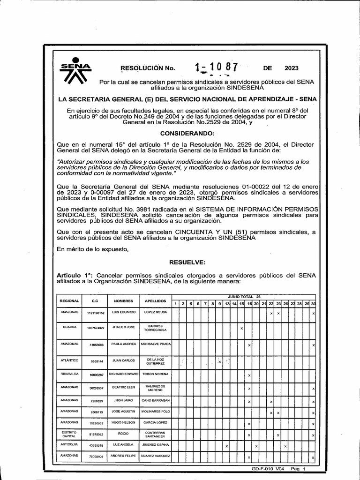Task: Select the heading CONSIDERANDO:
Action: [187, 134]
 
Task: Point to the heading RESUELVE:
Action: [187, 263]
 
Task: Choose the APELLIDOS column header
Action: [156, 300]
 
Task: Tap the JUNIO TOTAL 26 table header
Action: [244, 297]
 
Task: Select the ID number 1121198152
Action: [96, 312]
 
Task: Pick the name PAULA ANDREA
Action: [123, 344]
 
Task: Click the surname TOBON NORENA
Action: [156, 374]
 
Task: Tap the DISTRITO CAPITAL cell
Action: [69, 434]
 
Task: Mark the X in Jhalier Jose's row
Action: [241, 328]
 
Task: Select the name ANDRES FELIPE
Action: [123, 456]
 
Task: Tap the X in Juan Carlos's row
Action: [219, 361]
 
